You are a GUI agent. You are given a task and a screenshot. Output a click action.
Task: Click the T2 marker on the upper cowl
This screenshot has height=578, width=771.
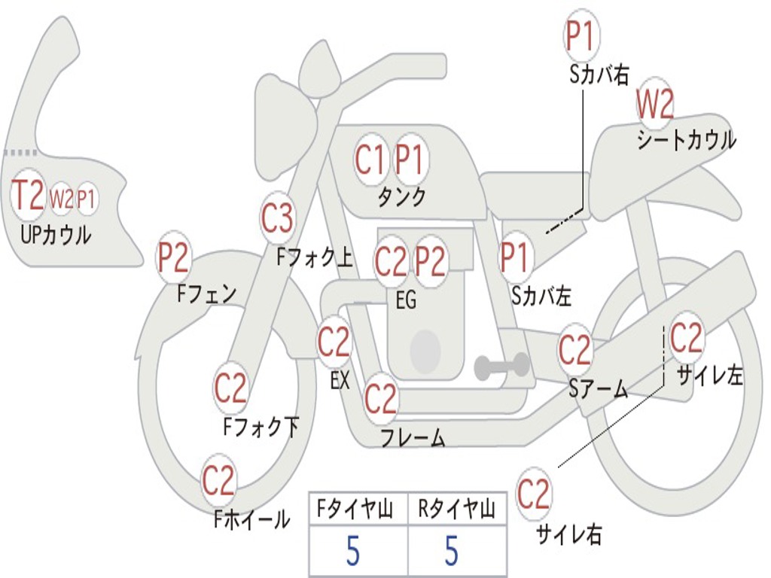click(x=29, y=196)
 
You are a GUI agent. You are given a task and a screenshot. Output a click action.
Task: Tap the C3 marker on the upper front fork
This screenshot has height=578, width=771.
click(x=277, y=219)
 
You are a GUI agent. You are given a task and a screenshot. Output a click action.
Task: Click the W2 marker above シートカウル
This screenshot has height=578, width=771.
click(x=655, y=105)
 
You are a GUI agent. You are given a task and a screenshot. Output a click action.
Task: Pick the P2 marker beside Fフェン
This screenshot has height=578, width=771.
click(x=173, y=259)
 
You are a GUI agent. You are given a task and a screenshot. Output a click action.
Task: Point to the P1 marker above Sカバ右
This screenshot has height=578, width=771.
click(x=581, y=36)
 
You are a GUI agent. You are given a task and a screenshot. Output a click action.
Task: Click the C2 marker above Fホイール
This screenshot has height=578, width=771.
click(x=219, y=481)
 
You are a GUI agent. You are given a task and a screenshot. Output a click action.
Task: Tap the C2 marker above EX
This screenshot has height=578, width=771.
click(x=334, y=343)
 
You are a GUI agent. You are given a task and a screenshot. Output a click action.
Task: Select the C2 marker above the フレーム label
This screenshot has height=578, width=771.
click(x=380, y=399)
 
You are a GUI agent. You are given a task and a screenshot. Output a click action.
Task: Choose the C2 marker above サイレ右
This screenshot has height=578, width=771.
click(x=534, y=494)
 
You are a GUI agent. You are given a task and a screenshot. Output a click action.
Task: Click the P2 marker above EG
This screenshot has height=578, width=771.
click(x=431, y=261)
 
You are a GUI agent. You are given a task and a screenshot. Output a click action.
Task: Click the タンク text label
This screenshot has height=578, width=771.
click(x=401, y=197)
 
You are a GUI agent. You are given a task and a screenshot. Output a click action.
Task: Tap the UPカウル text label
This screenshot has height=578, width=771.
click(x=56, y=235)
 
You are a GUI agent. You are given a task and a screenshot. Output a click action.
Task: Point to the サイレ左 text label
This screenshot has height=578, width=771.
click(x=709, y=376)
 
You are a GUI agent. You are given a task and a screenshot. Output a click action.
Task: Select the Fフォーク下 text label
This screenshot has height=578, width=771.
click(x=261, y=427)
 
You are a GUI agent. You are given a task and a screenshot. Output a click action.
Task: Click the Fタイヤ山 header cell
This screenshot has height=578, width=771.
click(x=358, y=510)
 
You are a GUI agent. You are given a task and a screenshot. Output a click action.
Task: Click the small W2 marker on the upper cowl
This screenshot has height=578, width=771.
click(x=62, y=199)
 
